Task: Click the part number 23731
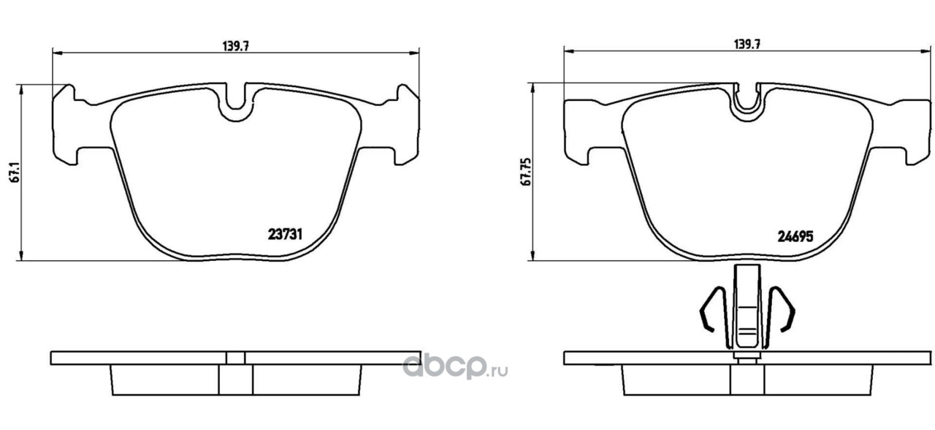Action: [285, 235]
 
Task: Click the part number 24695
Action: [795, 236]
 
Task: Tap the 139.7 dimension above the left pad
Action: [235, 46]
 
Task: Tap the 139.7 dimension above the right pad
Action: [747, 45]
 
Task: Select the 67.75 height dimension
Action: [527, 172]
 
